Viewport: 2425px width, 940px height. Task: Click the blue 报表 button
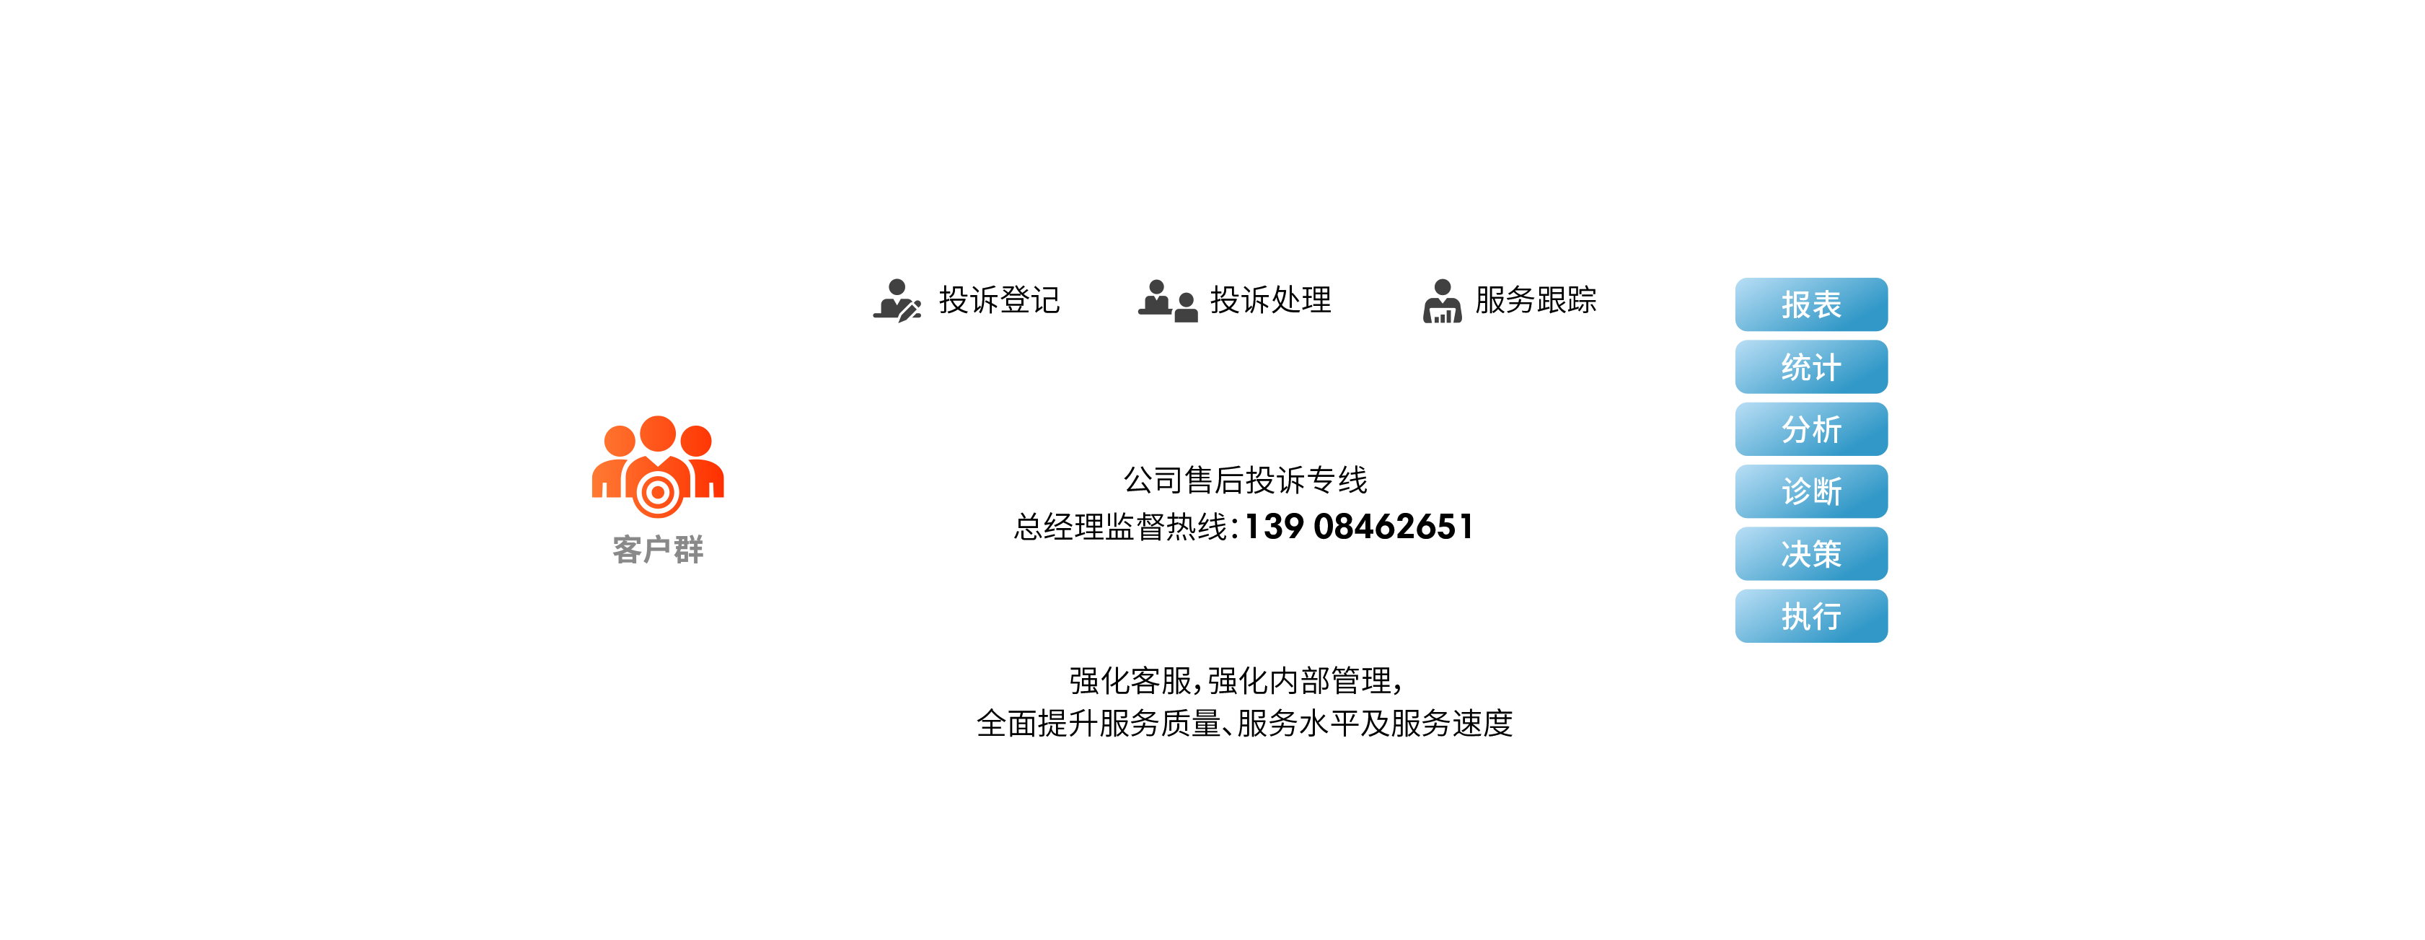pyautogui.click(x=1810, y=304)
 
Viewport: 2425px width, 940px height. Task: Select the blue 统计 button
pyautogui.click(x=1810, y=366)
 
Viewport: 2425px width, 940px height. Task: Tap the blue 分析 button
pyautogui.click(x=1810, y=429)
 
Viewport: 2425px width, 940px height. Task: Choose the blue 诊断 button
pyautogui.click(x=1810, y=491)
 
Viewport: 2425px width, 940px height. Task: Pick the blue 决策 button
pyautogui.click(x=1810, y=553)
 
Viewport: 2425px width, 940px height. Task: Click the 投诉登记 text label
pyautogui.click(x=999, y=299)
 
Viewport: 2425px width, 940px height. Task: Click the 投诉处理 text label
pyautogui.click(x=1270, y=299)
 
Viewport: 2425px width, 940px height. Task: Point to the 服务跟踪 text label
pyautogui.click(x=1536, y=299)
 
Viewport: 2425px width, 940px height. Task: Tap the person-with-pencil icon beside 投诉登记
pyautogui.click(x=896, y=300)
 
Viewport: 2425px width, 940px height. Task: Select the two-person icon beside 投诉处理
pyautogui.click(x=1167, y=300)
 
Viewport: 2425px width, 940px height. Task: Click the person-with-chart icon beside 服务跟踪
pyautogui.click(x=1442, y=300)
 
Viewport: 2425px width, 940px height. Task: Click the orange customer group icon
pyautogui.click(x=658, y=466)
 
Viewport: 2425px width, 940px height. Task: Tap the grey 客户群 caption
pyautogui.click(x=658, y=549)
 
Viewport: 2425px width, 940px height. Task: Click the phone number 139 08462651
pyautogui.click(x=1358, y=527)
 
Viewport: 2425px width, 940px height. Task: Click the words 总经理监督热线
pyautogui.click(x=1120, y=527)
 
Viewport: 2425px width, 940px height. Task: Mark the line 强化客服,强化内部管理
pyautogui.click(x=1235, y=680)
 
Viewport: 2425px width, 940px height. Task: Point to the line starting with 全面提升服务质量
pyautogui.click(x=1244, y=724)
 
